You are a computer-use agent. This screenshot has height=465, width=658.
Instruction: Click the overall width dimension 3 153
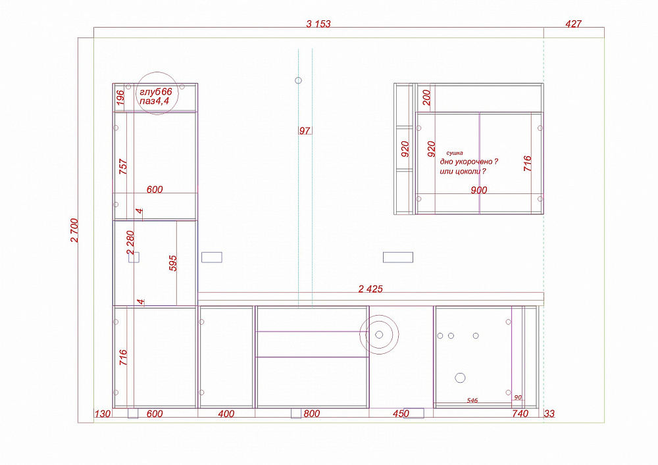click(x=318, y=24)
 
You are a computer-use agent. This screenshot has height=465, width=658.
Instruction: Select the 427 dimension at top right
click(x=573, y=24)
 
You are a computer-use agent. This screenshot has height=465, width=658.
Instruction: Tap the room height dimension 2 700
click(x=74, y=230)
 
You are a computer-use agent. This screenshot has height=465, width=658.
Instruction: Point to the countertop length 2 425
click(x=370, y=289)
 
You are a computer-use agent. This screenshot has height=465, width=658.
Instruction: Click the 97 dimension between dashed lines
click(x=305, y=131)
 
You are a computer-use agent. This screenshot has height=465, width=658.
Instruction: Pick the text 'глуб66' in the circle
click(x=156, y=92)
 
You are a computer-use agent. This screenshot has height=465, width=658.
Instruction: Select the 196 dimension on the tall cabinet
click(x=120, y=98)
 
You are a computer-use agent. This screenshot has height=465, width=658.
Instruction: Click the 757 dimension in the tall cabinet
click(x=123, y=166)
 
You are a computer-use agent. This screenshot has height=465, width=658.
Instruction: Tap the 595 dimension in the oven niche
click(x=173, y=263)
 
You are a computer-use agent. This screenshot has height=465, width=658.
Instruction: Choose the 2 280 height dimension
click(x=130, y=242)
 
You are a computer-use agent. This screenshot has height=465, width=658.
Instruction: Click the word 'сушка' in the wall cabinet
click(x=455, y=153)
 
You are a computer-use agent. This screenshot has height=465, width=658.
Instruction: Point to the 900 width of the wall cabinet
click(x=479, y=190)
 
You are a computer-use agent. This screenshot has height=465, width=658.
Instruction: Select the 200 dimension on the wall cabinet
click(x=427, y=98)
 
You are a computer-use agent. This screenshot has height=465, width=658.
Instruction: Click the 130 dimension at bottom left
click(x=103, y=414)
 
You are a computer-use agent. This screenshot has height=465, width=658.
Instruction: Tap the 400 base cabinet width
click(x=226, y=414)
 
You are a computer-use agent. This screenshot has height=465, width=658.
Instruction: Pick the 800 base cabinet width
click(x=312, y=414)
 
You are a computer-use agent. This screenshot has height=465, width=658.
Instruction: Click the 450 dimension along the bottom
click(x=401, y=414)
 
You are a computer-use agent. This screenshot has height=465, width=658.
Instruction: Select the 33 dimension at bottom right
click(x=549, y=414)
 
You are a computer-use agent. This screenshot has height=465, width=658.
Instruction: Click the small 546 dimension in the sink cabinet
click(x=472, y=401)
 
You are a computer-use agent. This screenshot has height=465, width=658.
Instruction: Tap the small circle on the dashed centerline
click(x=298, y=80)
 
